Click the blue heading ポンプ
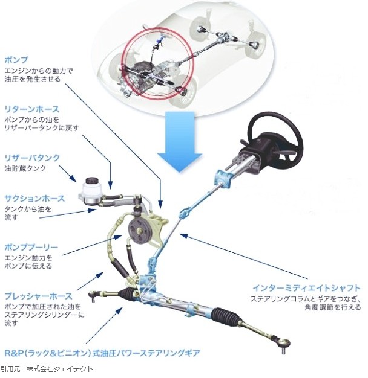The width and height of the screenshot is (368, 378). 16,60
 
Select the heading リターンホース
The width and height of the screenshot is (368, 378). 32,109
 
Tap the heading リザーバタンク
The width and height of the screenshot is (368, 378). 32,158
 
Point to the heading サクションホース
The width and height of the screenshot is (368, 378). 34,199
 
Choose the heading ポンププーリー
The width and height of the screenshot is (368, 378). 31,248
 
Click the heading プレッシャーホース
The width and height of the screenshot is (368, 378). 38,296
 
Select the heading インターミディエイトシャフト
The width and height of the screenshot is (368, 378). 306,288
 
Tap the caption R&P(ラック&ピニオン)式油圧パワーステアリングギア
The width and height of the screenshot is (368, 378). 102,353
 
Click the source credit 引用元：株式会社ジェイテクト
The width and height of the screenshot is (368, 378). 47,369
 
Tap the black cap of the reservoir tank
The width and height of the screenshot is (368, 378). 91,181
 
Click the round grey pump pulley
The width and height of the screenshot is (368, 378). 140,231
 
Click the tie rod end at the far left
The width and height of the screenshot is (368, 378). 93,295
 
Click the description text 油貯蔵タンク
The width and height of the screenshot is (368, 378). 25,168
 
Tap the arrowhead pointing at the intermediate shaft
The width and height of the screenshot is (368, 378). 183,235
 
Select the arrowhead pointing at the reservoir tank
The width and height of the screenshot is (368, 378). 73,179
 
